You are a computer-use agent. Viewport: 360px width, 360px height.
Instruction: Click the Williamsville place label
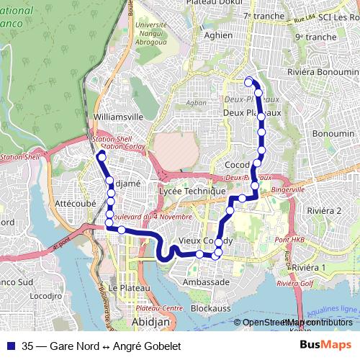point(118,116)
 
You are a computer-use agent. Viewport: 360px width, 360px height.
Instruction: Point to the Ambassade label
point(206,282)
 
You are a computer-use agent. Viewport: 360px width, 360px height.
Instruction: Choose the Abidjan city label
point(150,321)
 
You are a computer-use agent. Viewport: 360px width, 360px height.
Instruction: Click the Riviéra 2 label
point(324,210)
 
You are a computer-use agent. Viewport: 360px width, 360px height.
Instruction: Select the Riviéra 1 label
point(310,267)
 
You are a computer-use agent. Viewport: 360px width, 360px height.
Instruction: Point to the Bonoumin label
point(333,134)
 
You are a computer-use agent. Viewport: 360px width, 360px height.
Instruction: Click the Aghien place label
point(218,35)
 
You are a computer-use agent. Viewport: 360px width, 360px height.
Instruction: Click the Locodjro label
point(44,295)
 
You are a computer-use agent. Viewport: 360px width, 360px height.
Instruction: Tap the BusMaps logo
point(325,346)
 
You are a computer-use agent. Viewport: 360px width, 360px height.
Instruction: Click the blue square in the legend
point(11,346)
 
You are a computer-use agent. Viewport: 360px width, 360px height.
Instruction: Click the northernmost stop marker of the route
point(249,81)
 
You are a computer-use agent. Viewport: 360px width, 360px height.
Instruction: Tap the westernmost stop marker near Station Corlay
point(102,156)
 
